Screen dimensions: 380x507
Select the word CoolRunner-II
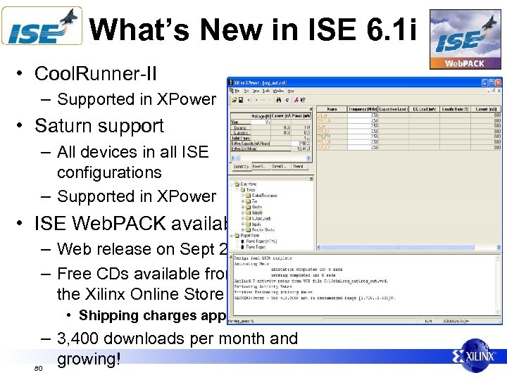point(96,75)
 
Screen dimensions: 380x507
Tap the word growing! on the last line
point(89,359)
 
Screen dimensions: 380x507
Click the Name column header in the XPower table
point(332,109)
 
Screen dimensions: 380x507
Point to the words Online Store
point(180,293)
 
